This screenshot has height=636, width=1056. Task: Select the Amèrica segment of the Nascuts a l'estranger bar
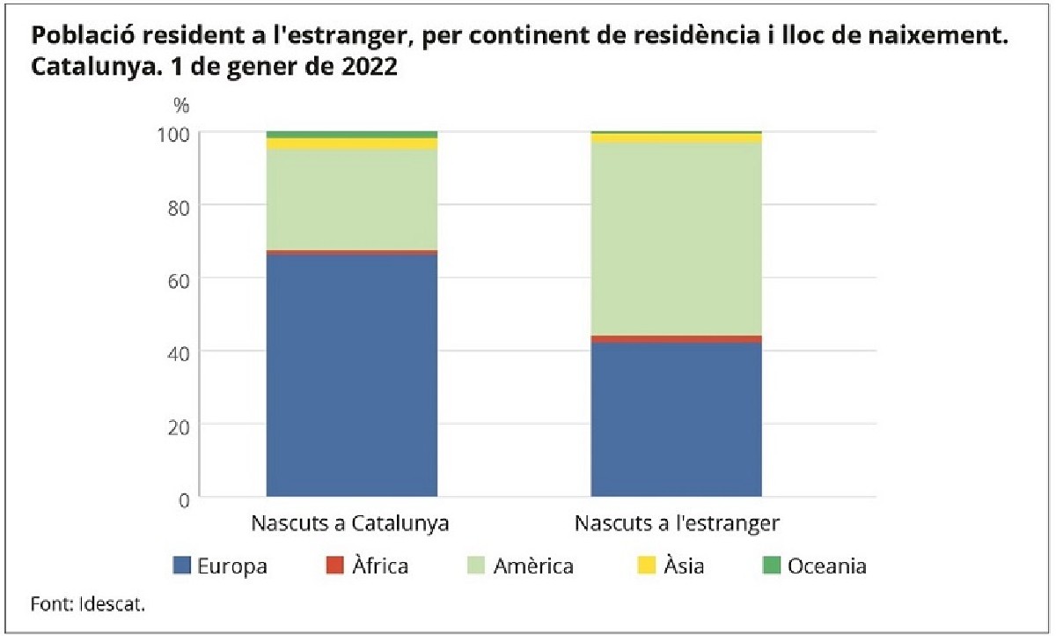tap(676, 239)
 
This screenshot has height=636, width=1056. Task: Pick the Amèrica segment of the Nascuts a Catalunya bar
tap(351, 200)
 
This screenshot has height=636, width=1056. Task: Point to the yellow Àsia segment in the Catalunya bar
tap(351, 144)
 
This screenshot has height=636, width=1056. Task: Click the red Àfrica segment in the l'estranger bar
tap(676, 339)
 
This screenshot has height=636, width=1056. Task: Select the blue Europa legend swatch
tap(181, 566)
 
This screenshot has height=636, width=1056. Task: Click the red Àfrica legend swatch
tap(334, 566)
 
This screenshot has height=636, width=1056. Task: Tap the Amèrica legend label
tap(533, 566)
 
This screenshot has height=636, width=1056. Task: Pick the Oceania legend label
tap(827, 566)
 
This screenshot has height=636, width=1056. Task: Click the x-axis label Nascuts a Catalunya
tap(350, 522)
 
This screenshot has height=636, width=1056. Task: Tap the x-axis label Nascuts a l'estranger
tap(677, 522)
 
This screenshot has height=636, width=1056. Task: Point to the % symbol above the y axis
tap(181, 106)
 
